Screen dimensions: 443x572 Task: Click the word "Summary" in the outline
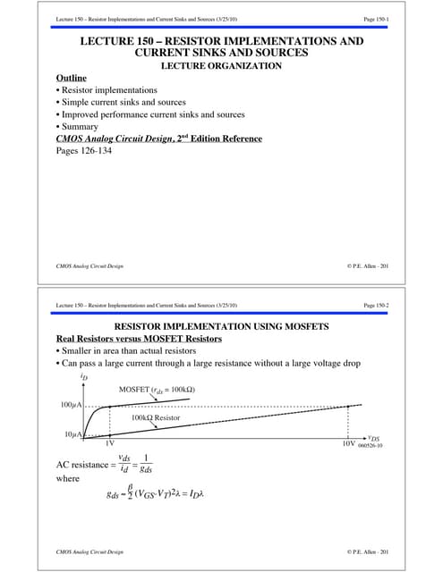(82, 127)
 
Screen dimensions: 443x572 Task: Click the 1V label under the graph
(110, 444)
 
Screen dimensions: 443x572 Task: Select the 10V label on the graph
(348, 444)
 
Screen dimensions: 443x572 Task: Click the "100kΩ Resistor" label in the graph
(160, 417)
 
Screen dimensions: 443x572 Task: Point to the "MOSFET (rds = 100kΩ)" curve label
(157, 390)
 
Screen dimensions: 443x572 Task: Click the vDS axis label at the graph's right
(373, 438)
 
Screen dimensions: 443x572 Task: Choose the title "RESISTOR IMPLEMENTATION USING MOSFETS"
(221, 326)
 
